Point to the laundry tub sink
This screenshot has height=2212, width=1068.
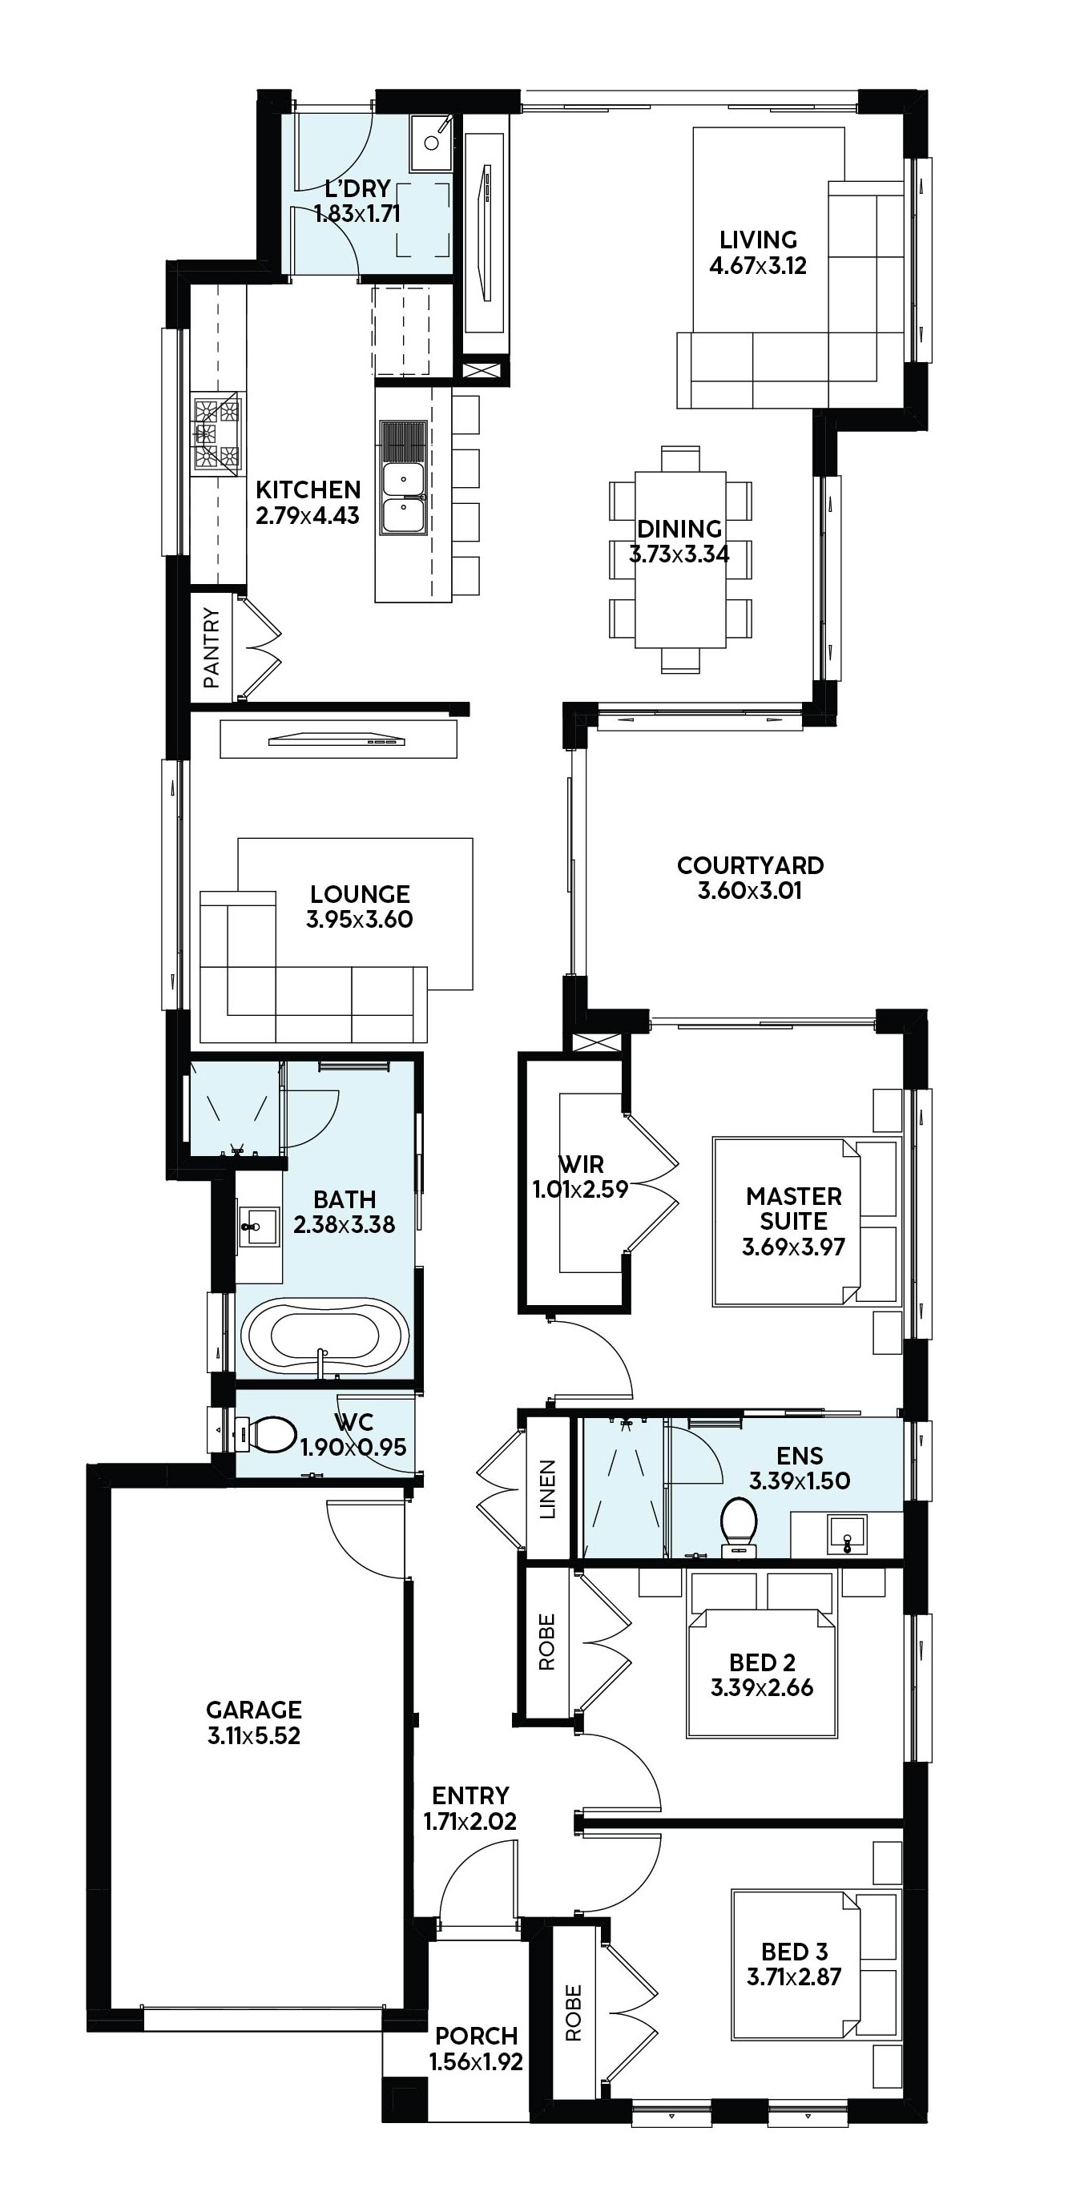431,143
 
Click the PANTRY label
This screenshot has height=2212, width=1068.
212,647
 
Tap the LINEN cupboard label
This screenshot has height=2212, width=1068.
548,1490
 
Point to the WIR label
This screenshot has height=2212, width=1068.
581,1163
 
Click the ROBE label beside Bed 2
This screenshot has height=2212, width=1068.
547,1642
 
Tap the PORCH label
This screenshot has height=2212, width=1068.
477,2035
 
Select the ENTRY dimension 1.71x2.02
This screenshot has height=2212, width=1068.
470,1821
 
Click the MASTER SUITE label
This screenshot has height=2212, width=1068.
794,1208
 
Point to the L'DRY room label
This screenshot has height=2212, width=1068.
357,188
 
